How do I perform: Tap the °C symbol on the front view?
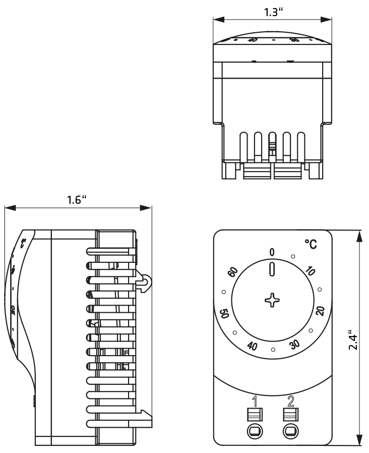coord(311,245)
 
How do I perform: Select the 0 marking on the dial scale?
coord(272,252)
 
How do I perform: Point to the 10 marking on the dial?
coord(310,272)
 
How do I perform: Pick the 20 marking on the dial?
coord(320,310)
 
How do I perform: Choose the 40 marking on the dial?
coord(253,346)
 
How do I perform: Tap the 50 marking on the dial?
coord(224,313)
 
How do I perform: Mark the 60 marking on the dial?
coord(232,272)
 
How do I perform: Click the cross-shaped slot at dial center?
coord(272,301)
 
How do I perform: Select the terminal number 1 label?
coord(255,402)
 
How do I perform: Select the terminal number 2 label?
coord(290,402)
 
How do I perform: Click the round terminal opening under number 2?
coord(290,431)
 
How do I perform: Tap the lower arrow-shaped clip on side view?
coord(144,417)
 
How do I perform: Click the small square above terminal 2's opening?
coord(290,415)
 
